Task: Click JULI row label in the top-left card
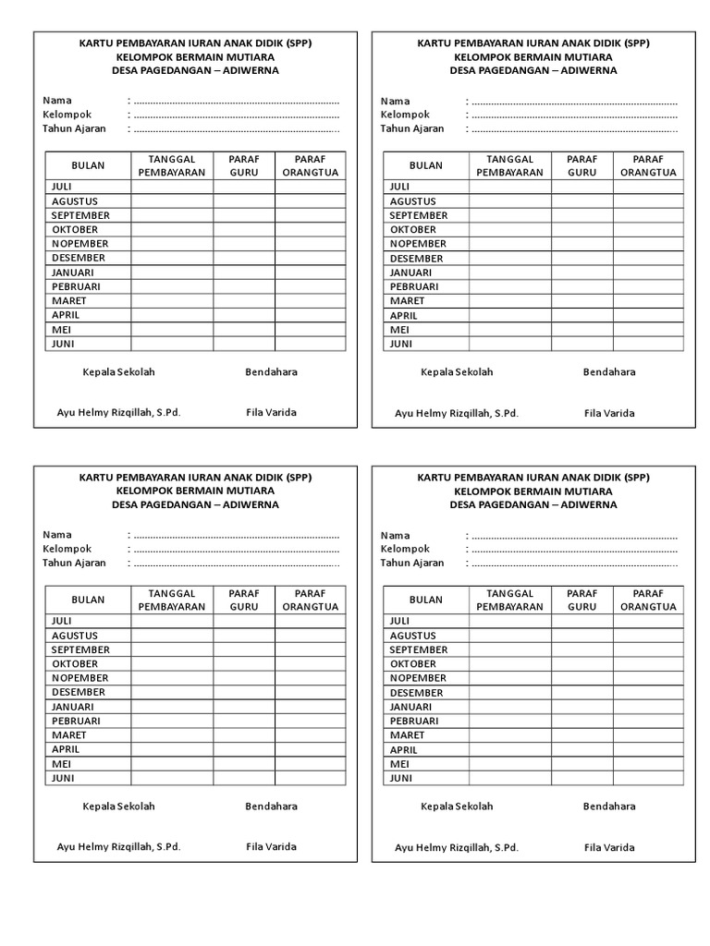coord(62,187)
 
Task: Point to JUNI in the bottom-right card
coord(400,778)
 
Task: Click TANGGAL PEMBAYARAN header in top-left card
coord(172,165)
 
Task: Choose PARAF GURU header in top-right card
coord(581,165)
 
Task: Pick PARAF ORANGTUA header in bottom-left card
coord(310,600)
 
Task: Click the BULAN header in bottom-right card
coord(425,600)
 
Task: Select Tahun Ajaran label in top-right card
coord(412,128)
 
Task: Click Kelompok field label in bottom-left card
coord(67,549)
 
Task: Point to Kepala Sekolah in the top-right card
coord(457,372)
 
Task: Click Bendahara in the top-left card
coord(271,372)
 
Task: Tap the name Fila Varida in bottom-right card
coord(609,847)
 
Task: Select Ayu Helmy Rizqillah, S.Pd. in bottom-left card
coord(118,847)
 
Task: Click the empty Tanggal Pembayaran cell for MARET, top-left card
coord(172,301)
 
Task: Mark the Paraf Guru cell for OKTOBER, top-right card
coord(581,229)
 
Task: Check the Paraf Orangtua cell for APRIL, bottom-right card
coord(648,749)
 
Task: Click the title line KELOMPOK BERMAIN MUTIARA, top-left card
coord(195,56)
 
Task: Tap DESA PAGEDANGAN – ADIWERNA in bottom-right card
coord(533,504)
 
